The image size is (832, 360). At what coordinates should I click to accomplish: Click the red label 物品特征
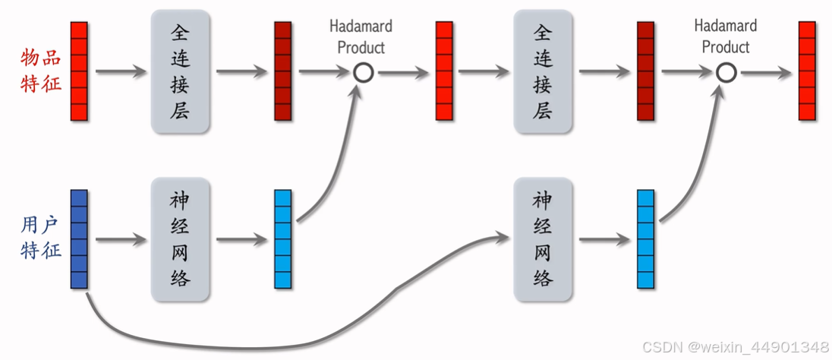coord(41,71)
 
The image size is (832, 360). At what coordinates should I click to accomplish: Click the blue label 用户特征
coord(41,238)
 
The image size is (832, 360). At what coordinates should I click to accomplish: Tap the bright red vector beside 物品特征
coord(79,71)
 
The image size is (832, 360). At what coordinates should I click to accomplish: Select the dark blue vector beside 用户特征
coord(79,239)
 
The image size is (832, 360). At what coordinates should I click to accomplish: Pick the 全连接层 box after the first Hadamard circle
coord(542,71)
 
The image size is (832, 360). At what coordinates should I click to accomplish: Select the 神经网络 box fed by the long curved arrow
coord(542,239)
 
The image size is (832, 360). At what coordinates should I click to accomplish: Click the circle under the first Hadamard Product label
coord(363,73)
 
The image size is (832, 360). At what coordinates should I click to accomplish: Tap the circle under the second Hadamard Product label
coord(726,73)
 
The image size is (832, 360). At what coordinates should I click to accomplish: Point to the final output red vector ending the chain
coord(807,71)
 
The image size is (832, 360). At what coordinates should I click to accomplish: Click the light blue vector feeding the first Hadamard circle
coord(282,239)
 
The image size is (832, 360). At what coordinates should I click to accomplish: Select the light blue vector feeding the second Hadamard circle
coord(645,239)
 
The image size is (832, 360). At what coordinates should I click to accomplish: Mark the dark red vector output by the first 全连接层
coord(282,71)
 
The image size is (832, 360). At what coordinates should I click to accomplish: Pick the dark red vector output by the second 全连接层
coord(645,71)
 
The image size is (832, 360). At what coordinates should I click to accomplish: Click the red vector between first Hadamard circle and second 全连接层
coord(444,71)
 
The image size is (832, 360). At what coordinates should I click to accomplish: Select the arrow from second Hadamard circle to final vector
coord(765,73)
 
